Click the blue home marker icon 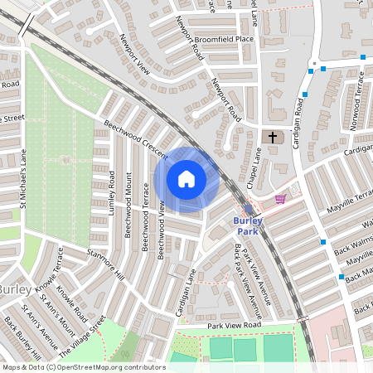coord(186,179)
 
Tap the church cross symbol coord(272,138)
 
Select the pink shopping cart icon coord(280,199)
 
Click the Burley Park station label coord(248,225)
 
